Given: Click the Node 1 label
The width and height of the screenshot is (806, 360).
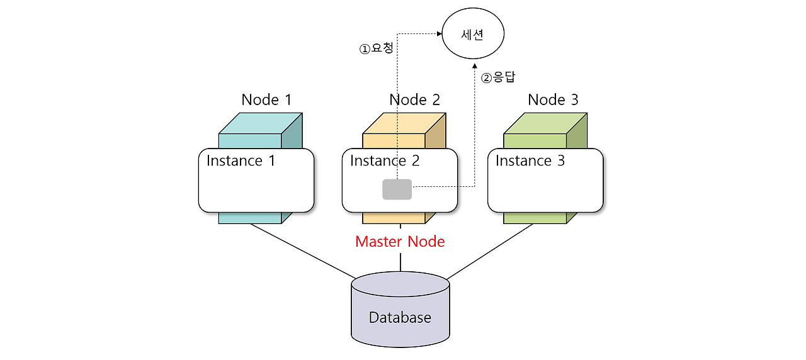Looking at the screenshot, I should click(x=266, y=99).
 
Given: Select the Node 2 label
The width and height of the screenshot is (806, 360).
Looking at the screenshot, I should click(x=414, y=99).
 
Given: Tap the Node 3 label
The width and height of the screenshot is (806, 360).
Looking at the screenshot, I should click(x=553, y=99).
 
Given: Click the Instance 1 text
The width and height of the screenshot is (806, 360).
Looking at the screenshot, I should click(x=241, y=160).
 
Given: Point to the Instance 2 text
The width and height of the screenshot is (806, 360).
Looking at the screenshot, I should click(x=384, y=160).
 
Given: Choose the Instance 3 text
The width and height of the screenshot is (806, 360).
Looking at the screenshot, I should click(x=530, y=160).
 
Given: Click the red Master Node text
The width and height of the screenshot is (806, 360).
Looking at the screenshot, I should click(x=400, y=242).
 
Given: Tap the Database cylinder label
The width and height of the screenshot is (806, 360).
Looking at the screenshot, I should click(x=400, y=317).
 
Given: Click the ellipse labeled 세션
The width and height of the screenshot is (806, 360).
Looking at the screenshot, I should click(x=473, y=35).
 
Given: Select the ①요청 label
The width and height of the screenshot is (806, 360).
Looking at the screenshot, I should click(x=376, y=48).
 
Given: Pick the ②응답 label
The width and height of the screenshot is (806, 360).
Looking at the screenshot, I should click(x=498, y=77).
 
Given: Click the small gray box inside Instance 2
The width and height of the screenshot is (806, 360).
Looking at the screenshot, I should click(x=397, y=189).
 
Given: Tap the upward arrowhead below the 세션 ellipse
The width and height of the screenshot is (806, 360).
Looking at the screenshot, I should click(x=474, y=65).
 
